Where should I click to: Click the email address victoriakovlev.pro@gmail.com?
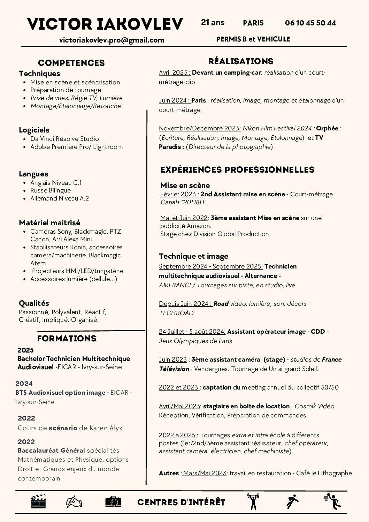112,40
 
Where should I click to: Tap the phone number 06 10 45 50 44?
310,23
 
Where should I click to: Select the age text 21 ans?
213,23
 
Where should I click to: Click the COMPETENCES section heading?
71,63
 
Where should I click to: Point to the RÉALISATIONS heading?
240,61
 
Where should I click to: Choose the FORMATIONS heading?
67,339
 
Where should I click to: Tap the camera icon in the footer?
113,501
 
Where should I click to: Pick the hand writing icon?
74,501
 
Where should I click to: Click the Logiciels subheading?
34,130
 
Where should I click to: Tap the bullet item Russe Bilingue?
51,190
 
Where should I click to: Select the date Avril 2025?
174,73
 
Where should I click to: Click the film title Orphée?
327,128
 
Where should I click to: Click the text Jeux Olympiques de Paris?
195,341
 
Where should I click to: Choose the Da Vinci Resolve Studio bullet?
64,139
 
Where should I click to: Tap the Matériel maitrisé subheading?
49,223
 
